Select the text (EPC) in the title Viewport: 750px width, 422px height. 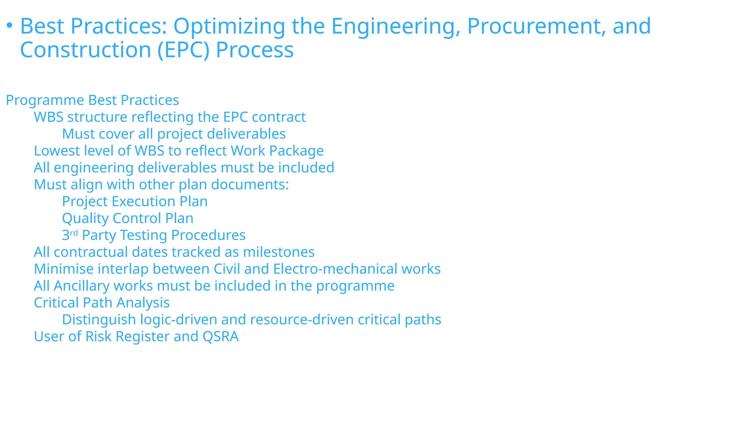183,50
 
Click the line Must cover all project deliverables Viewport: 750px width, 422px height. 174,134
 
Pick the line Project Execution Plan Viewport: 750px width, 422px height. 135,201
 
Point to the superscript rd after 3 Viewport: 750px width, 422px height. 74,233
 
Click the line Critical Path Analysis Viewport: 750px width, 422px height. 102,303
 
